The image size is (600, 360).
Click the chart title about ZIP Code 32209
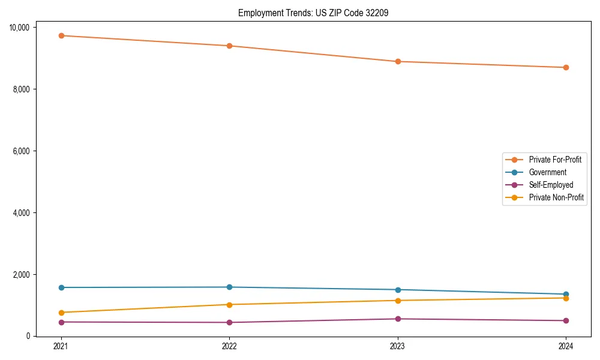pyautogui.click(x=313, y=13)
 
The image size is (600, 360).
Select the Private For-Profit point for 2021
pyautogui.click(x=61, y=35)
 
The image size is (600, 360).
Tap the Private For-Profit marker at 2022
pyautogui.click(x=229, y=46)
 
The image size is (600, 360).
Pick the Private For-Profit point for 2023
pyautogui.click(x=398, y=61)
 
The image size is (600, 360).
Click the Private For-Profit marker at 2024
pyautogui.click(x=566, y=67)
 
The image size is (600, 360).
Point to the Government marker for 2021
pyautogui.click(x=61, y=287)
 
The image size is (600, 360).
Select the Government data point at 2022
pyautogui.click(x=229, y=287)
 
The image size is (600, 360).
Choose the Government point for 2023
pyautogui.click(x=398, y=290)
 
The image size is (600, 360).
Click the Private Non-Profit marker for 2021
pyautogui.click(x=61, y=313)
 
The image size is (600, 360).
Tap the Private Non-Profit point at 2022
pyautogui.click(x=229, y=304)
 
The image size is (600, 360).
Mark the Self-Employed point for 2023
pyautogui.click(x=398, y=319)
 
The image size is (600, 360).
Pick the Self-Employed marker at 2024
pyautogui.click(x=566, y=320)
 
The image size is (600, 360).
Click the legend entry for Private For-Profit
pyautogui.click(x=554, y=160)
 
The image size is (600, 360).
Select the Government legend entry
pyautogui.click(x=547, y=172)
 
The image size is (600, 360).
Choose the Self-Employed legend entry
pyautogui.click(x=551, y=185)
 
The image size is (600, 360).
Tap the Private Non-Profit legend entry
pyautogui.click(x=556, y=197)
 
